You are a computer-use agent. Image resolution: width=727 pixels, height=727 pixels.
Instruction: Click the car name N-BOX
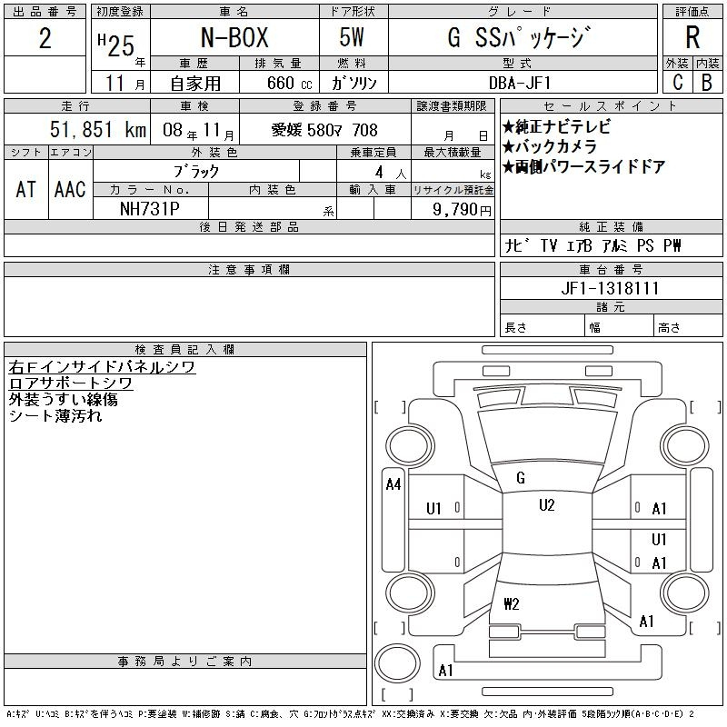234,37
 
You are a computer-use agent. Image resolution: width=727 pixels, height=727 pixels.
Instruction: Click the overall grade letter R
692,37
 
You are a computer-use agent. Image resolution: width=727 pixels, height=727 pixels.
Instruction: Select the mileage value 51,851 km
98,129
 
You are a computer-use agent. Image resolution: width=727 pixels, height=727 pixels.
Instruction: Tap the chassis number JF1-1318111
610,288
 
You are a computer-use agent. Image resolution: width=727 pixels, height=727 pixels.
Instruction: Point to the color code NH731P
150,209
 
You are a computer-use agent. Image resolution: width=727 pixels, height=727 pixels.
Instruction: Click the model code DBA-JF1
520,83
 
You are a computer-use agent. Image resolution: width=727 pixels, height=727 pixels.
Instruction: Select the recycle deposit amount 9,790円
462,209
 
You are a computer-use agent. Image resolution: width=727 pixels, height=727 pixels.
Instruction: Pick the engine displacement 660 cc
289,83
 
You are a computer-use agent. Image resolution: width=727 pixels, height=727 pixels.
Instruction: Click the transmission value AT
25,189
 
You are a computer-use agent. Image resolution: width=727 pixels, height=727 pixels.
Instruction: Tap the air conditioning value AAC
70,189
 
